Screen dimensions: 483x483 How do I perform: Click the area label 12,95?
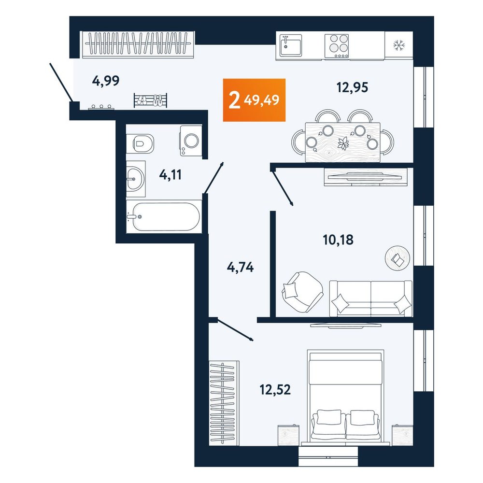coord(352,87)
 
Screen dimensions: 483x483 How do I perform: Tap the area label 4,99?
coord(106,81)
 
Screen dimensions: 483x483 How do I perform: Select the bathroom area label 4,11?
coord(170,175)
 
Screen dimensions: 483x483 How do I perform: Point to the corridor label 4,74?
coord(240,267)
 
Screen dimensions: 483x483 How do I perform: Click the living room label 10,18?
coord(338,240)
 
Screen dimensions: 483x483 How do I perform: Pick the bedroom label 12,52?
coord(275,390)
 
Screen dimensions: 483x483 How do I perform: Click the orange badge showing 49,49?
coord(254,100)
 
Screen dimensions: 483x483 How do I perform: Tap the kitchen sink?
coord(290,45)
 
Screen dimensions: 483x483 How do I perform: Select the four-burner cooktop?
coord(336,46)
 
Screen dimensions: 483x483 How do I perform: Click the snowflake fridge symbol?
coord(399,45)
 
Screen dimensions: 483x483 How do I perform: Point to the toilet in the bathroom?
coord(140,143)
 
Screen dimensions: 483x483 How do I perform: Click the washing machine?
coord(191,141)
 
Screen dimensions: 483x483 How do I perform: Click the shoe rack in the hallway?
coord(150,100)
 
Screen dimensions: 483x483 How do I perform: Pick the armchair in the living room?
coord(302,292)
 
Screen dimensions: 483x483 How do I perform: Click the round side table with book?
coord(398,258)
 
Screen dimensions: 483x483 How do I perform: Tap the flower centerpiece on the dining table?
coord(342,143)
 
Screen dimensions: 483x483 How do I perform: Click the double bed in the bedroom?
coord(346,398)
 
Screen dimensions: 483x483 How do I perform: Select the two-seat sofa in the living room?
coord(370,298)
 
